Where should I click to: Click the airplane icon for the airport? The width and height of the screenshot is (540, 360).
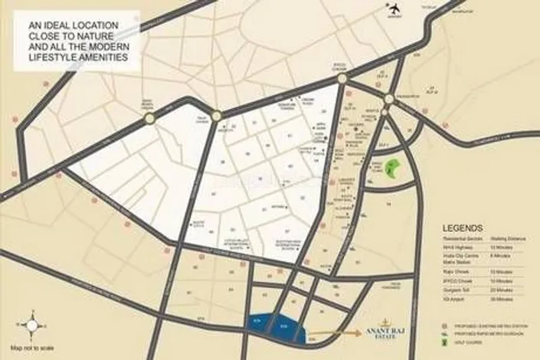(395, 9)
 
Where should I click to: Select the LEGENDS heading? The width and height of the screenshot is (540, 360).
(463, 228)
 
